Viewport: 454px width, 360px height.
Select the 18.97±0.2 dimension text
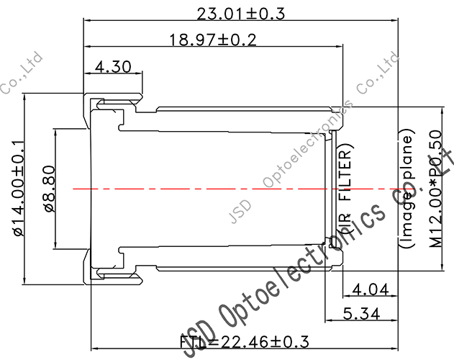click(213, 40)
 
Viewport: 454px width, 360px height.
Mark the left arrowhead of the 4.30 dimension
click(88, 73)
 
